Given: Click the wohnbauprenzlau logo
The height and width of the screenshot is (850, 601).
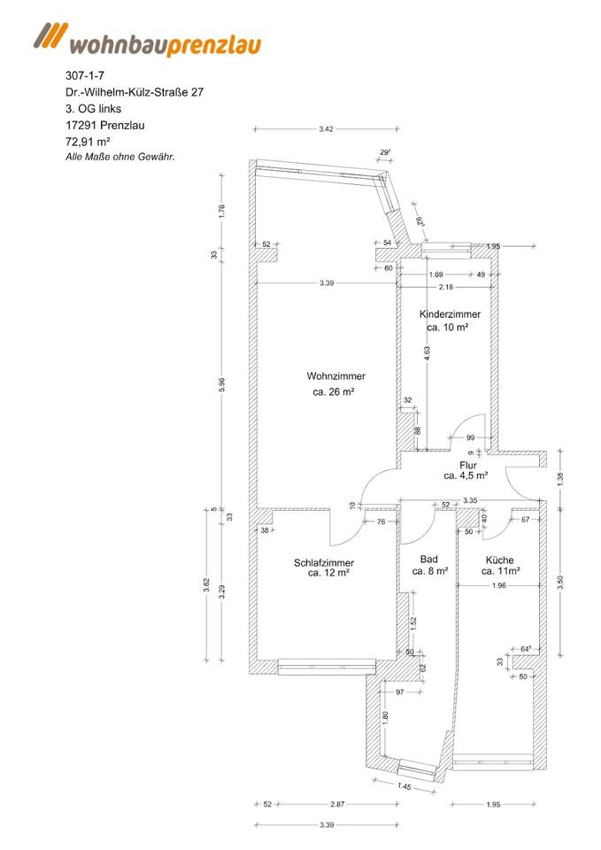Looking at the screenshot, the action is click(x=147, y=40).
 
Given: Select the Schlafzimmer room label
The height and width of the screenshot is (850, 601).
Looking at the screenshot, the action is click(x=324, y=563).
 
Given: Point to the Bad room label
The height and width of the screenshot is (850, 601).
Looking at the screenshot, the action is click(x=429, y=560).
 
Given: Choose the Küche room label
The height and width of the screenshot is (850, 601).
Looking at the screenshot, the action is click(x=499, y=560).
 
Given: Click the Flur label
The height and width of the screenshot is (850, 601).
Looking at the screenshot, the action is click(x=468, y=464).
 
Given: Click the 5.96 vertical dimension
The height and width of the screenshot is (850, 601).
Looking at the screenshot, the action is click(x=222, y=386).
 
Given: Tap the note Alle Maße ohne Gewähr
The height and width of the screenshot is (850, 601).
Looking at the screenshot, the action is click(x=120, y=157).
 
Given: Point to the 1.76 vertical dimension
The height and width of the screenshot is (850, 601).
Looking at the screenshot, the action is click(x=222, y=212).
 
